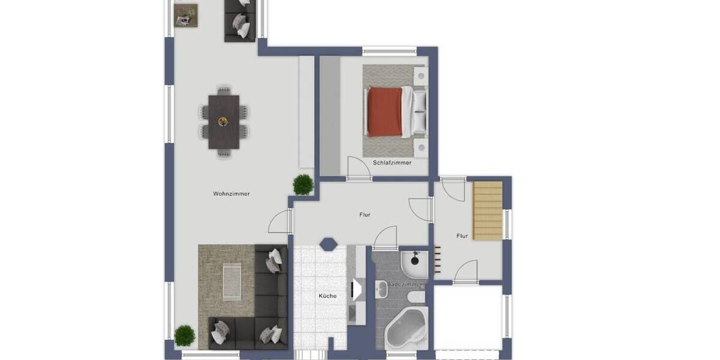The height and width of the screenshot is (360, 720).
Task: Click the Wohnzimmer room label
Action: (x=231, y=194)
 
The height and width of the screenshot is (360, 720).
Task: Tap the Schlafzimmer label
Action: (x=392, y=163)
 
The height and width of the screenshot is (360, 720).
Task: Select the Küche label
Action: (x=327, y=296)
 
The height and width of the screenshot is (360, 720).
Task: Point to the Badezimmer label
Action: (x=404, y=284)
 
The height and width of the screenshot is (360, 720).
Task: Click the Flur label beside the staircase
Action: (x=461, y=236)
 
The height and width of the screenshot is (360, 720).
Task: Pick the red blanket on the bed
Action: (x=385, y=112)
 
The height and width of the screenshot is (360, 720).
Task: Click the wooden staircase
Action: (x=487, y=211)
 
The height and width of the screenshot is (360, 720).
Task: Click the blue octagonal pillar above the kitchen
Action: (x=328, y=244)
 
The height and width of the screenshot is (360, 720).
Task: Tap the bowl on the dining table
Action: (x=224, y=121)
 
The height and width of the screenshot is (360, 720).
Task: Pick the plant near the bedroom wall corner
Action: (x=303, y=184)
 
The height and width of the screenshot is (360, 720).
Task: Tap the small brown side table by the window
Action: (x=185, y=16)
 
